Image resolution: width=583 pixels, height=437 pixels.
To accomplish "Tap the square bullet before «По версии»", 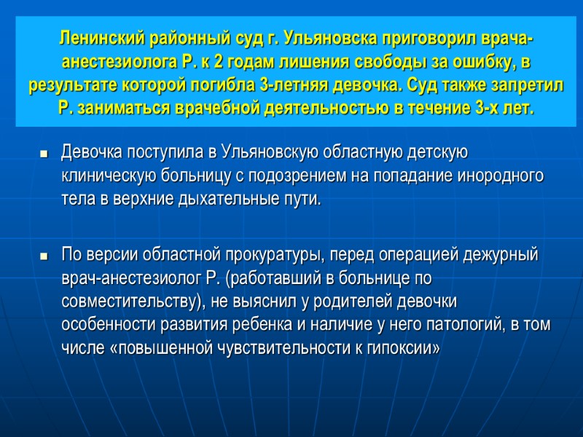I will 44,257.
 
